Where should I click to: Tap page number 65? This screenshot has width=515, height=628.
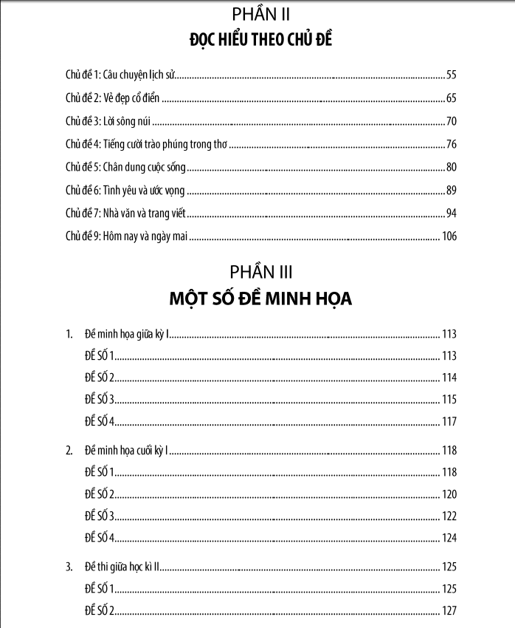452,98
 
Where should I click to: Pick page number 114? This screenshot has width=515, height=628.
449,378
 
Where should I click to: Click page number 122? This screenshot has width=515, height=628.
449,516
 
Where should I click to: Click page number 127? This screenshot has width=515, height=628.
449,611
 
